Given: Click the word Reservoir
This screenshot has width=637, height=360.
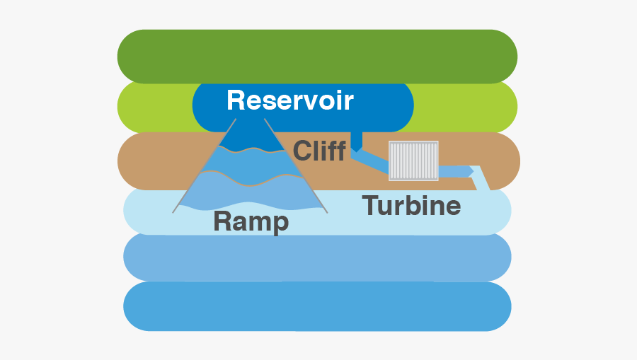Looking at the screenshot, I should pyautogui.click(x=289, y=100).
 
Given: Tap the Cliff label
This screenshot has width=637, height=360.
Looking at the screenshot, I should pyautogui.click(x=319, y=151).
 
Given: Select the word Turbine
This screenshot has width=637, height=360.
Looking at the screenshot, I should pyautogui.click(x=411, y=206).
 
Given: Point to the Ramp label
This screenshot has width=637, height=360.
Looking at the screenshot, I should pyautogui.click(x=251, y=221).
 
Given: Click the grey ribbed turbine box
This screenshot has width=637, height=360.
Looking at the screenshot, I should pyautogui.click(x=413, y=161).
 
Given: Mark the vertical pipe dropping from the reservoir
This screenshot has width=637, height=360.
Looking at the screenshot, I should pyautogui.click(x=357, y=141).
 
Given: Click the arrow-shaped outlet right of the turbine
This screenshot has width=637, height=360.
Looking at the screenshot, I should pyautogui.click(x=457, y=171).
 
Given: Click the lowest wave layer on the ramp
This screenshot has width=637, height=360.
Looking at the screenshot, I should pyautogui.click(x=248, y=194).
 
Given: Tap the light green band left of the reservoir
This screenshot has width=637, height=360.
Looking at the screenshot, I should pyautogui.click(x=152, y=107).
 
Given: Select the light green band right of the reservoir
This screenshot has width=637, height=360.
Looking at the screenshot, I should pyautogui.click(x=467, y=107).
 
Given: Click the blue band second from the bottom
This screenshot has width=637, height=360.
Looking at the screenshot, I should pyautogui.click(x=317, y=257).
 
